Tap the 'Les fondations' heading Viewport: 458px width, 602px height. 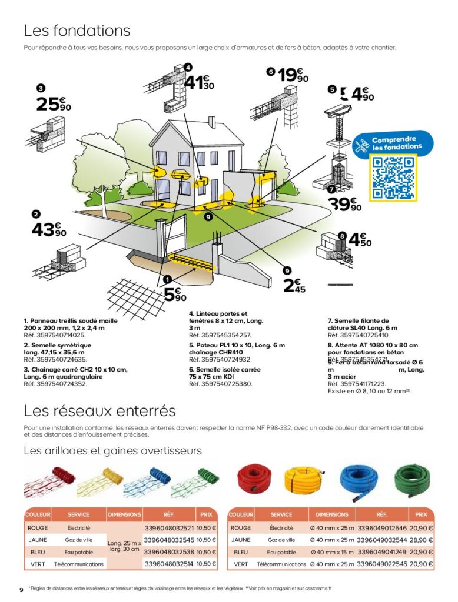pyautogui.click(x=77, y=30)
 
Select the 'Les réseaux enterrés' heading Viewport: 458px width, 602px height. pyautogui.click(x=99, y=410)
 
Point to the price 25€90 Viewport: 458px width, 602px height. pyautogui.click(x=54, y=104)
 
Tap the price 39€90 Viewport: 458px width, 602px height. pyautogui.click(x=345, y=205)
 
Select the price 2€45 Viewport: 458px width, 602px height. pyautogui.click(x=294, y=286)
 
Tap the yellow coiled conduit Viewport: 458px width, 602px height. pyautogui.click(x=303, y=480)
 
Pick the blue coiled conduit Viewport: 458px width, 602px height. pyautogui.click(x=359, y=480)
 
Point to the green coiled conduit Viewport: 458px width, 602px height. pyautogui.click(x=412, y=480)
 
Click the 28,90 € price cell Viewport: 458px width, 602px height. pyautogui.click(x=421, y=540)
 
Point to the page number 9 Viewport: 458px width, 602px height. pyautogui.click(x=21, y=589)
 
